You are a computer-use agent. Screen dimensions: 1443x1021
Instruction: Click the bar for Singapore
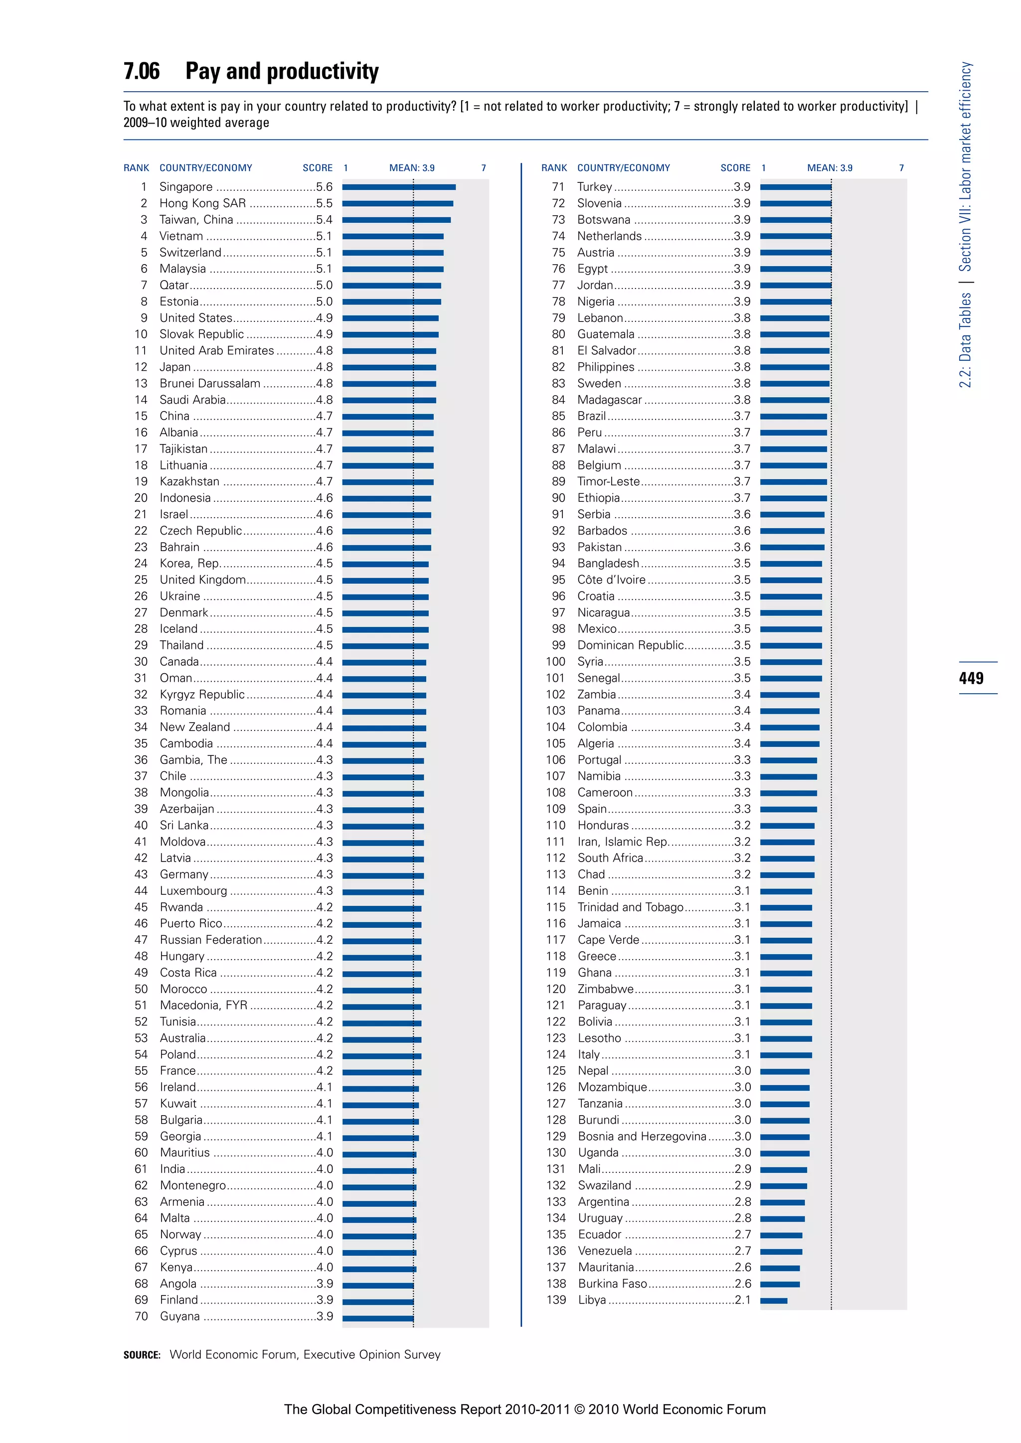click(399, 187)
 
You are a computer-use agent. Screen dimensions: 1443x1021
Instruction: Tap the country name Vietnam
click(181, 236)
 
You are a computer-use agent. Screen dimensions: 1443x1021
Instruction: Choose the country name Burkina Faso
click(612, 1284)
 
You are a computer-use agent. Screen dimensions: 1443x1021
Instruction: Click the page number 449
click(971, 678)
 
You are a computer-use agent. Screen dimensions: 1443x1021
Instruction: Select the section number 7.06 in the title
click(142, 71)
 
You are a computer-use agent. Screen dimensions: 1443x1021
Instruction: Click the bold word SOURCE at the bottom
click(142, 1355)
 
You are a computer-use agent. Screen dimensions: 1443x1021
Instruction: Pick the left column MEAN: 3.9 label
click(412, 168)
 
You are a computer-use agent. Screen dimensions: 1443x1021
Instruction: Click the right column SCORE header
click(735, 168)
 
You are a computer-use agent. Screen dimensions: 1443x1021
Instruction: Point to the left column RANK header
click(137, 168)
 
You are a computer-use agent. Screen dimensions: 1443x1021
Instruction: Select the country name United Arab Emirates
click(217, 351)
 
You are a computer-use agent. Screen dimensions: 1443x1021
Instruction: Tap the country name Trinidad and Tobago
click(630, 907)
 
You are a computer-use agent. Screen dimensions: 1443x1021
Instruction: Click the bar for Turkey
click(795, 187)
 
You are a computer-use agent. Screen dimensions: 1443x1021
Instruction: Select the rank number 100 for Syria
click(556, 662)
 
